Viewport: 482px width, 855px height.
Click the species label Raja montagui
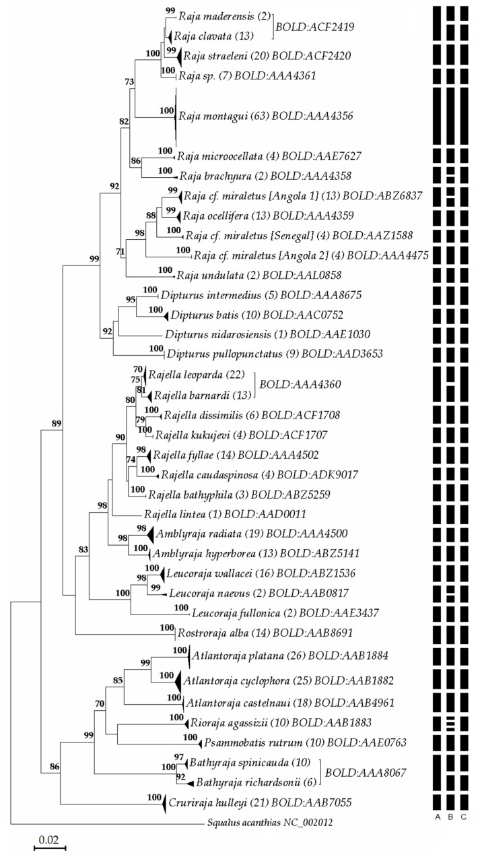(x=211, y=116)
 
